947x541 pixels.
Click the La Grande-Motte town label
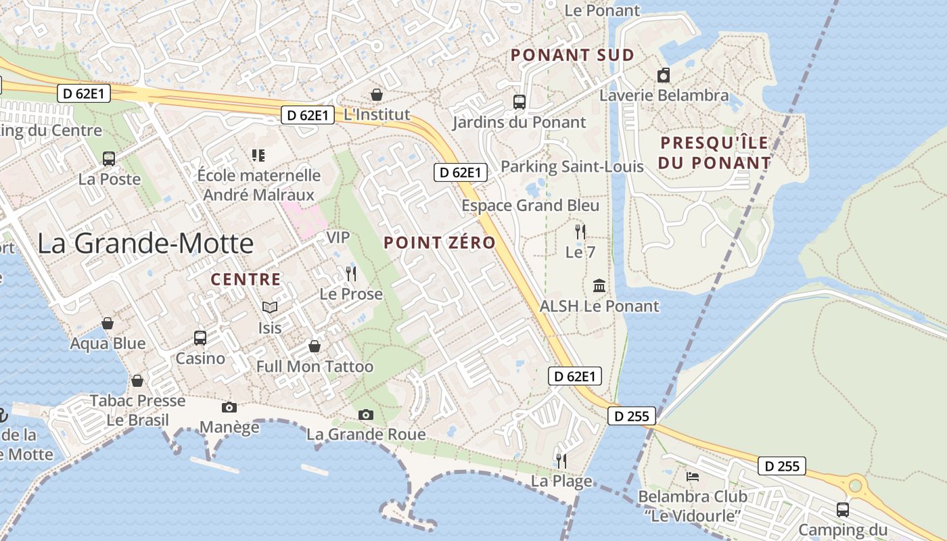(145, 243)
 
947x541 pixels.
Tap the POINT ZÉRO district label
(440, 243)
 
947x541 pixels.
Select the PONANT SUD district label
(572, 55)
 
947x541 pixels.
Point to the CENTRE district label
(246, 279)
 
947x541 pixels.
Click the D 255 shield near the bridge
(632, 416)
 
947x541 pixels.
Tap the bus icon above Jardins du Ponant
(519, 102)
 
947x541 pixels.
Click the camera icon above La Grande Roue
(366, 414)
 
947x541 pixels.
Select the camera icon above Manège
(229, 407)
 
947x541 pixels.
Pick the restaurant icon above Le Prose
(350, 274)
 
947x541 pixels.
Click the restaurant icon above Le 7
(580, 232)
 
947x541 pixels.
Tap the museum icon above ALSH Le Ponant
(599, 286)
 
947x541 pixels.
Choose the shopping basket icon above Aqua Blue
(108, 323)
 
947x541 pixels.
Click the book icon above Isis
(270, 308)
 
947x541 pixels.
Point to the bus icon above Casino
(200, 337)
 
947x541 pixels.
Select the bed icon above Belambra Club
(693, 476)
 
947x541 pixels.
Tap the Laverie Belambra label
(664, 95)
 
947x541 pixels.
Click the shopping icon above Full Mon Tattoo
(315, 346)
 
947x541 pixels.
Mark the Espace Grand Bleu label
(530, 206)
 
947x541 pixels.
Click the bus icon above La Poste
(109, 159)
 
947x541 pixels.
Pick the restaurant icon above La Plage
(561, 461)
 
